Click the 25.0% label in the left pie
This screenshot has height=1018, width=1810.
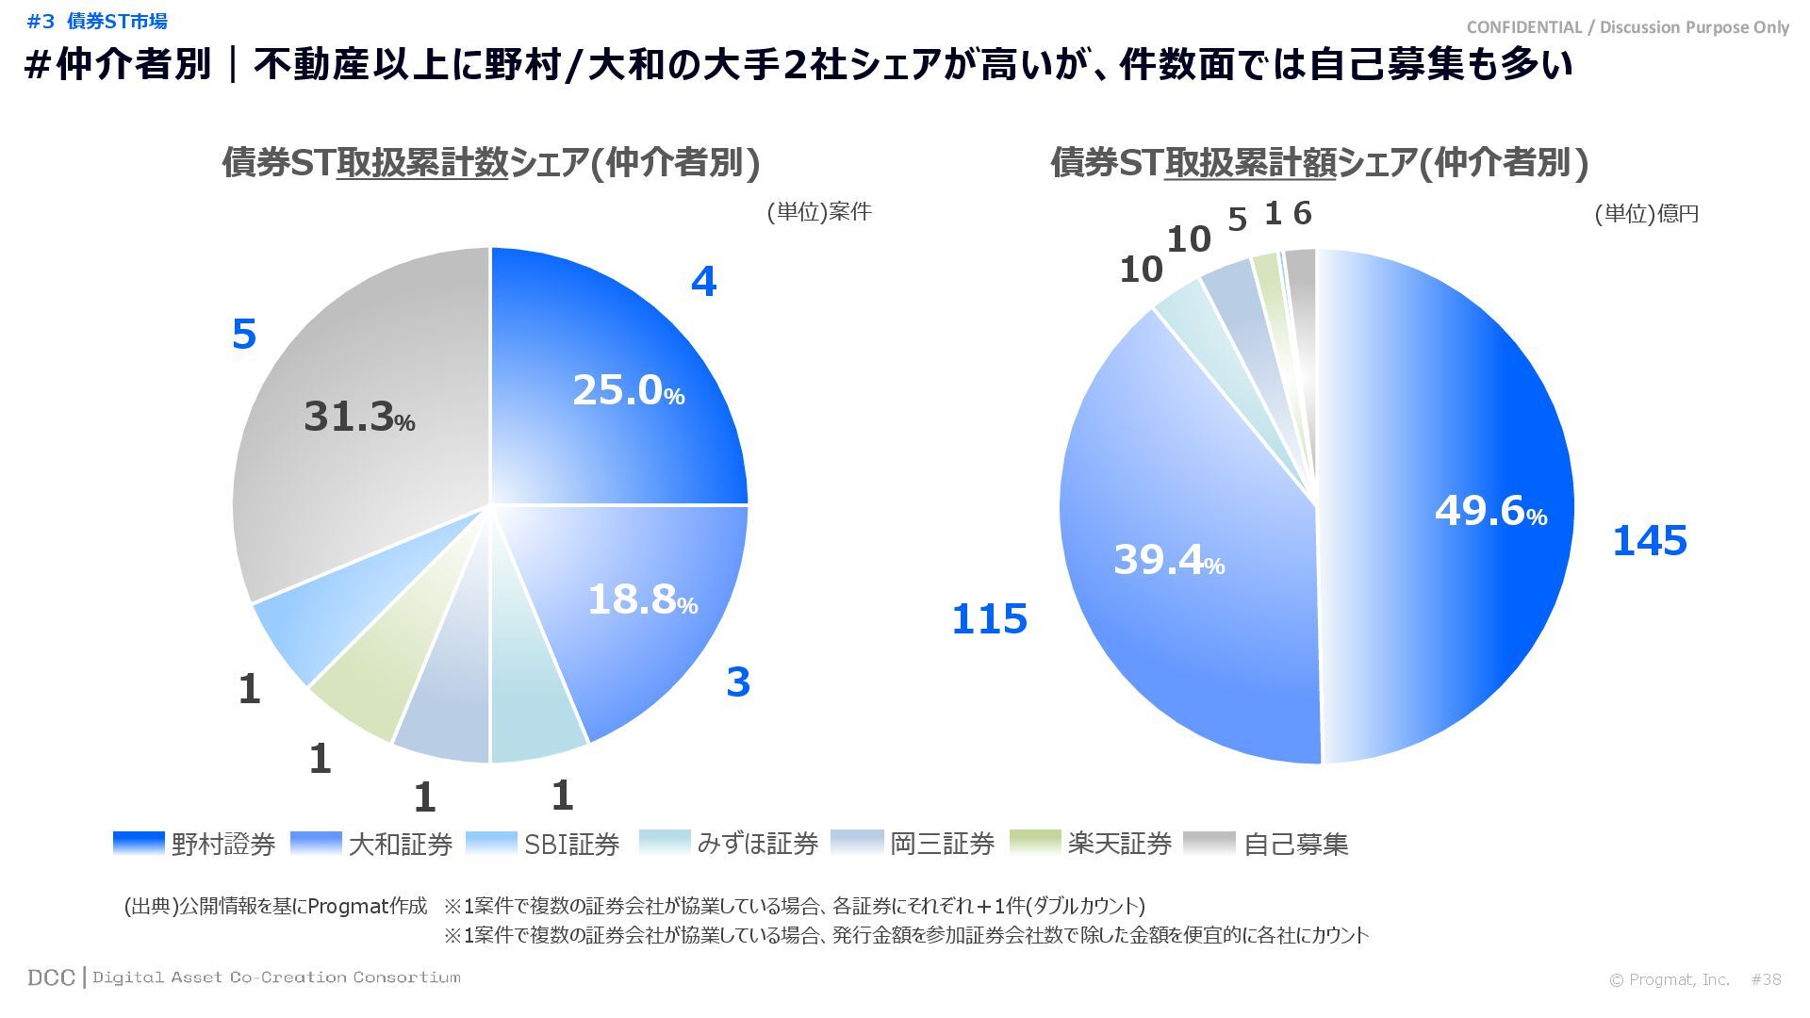click(628, 390)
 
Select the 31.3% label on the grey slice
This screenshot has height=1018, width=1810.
click(359, 417)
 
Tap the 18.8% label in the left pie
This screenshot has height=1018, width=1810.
click(642, 599)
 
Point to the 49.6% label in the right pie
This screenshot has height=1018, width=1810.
click(1490, 511)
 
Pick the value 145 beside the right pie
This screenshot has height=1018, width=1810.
click(1649, 541)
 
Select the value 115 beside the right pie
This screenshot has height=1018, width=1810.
click(989, 619)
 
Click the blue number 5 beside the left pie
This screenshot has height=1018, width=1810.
click(244, 335)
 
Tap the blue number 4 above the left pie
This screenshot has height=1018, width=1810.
click(703, 282)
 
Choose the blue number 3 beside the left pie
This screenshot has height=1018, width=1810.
click(738, 682)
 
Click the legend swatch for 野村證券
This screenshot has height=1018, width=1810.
click(139, 843)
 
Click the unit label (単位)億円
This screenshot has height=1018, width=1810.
click(1646, 214)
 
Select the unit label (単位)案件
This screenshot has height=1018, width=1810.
click(818, 212)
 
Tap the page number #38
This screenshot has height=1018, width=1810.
click(1766, 979)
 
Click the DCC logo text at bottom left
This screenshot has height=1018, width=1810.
click(51, 977)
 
